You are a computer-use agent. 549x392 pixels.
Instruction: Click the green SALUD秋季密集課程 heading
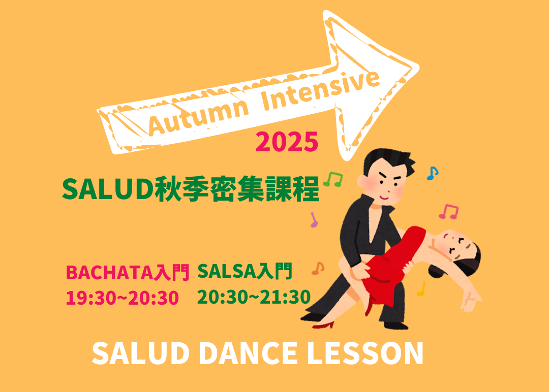click(191, 189)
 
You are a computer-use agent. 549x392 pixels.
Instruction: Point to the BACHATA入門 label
click(128, 273)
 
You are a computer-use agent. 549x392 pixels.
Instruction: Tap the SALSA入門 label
click(245, 272)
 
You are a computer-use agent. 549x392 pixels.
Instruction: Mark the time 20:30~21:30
click(254, 297)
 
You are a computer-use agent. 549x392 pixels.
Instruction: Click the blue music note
click(432, 173)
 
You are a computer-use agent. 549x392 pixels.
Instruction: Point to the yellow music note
click(421, 289)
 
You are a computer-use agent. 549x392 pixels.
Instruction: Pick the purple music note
click(314, 220)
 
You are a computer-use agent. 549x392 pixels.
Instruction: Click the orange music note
click(318, 268)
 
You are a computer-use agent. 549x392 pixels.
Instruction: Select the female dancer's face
click(455, 244)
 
